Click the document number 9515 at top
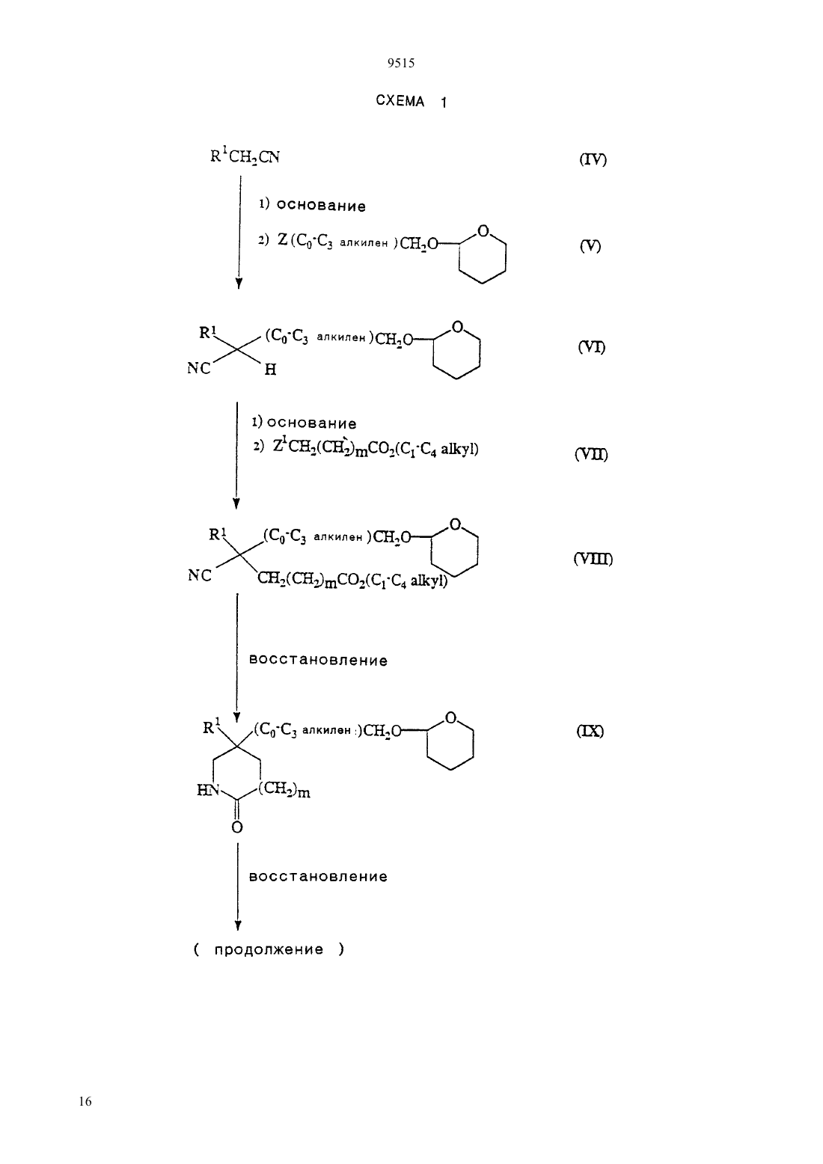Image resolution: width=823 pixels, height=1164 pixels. click(400, 64)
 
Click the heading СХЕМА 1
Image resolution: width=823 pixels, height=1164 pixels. click(411, 101)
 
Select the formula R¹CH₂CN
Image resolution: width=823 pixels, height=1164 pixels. click(245, 156)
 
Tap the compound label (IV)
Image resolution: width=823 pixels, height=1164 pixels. click(593, 159)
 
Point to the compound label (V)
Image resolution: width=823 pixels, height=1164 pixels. click(590, 246)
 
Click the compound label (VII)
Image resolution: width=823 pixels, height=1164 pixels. click(591, 454)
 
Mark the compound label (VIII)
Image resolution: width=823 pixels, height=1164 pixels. click(593, 559)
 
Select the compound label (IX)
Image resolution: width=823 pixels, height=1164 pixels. click(590, 731)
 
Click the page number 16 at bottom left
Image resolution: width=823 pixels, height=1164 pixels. click(85, 1101)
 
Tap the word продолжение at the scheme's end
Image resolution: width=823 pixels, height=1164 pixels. click(269, 949)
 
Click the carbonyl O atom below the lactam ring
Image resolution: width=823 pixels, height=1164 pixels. click(237, 827)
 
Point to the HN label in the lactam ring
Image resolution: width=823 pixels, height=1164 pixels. click(209, 791)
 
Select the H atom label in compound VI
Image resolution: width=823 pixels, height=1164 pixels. click(270, 370)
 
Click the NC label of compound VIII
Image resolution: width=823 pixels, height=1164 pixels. click(200, 576)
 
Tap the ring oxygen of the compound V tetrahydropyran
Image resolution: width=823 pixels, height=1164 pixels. click(483, 230)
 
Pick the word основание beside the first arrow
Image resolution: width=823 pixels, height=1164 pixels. click(320, 206)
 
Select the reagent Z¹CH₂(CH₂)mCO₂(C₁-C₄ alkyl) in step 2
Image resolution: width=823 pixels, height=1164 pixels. click(376, 448)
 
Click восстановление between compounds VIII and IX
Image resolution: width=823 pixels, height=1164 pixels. click(318, 661)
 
